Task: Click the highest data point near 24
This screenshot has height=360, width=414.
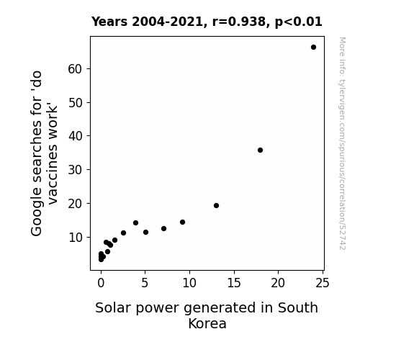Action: (313, 48)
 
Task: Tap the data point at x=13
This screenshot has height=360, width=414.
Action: (216, 205)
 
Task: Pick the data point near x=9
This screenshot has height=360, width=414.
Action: (182, 222)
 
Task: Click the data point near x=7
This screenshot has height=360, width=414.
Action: (163, 228)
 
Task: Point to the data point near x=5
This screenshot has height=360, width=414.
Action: (145, 232)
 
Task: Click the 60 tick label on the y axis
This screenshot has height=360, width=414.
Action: (76, 69)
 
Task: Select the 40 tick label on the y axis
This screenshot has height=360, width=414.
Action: (76, 136)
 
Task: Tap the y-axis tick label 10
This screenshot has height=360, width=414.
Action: (76, 238)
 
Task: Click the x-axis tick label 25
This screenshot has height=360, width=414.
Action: (323, 283)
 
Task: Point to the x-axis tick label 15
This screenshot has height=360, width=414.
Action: (234, 283)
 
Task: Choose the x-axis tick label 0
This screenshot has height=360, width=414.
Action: (101, 283)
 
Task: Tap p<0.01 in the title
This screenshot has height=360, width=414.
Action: (299, 22)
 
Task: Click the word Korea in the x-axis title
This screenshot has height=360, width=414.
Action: (207, 323)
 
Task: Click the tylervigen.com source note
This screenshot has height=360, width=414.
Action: (342, 143)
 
